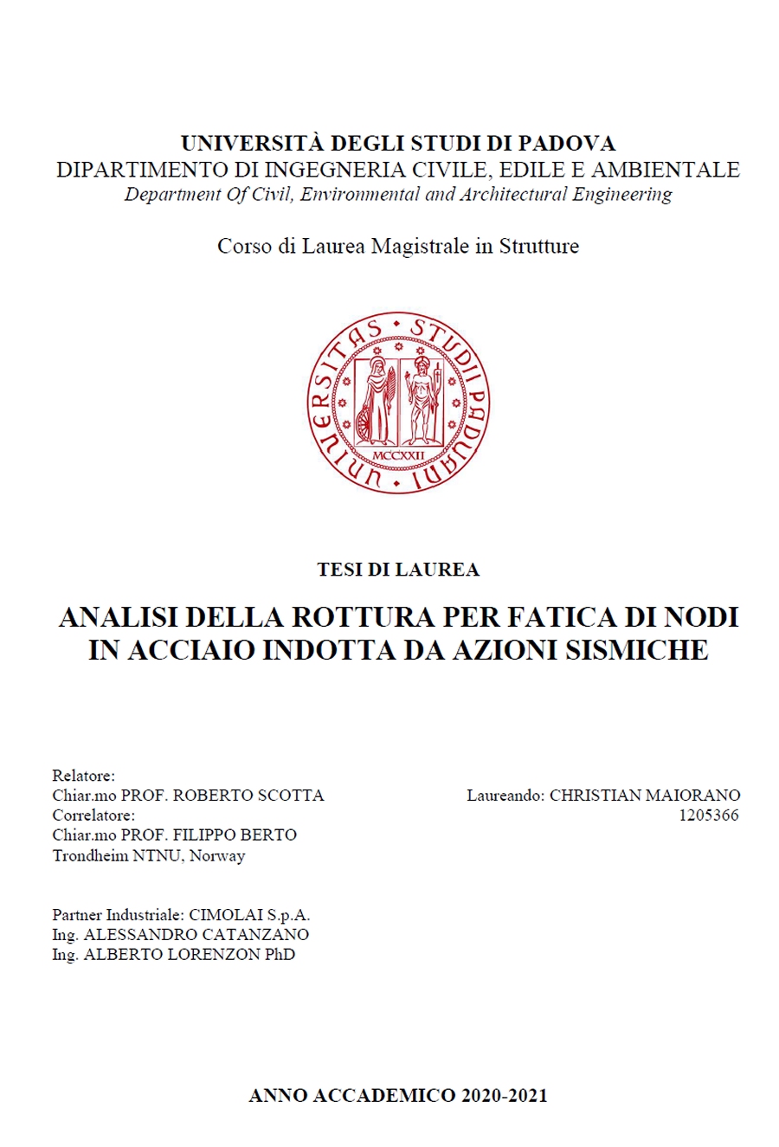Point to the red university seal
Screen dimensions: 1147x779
(x=398, y=403)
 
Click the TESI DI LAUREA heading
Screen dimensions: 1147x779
(x=398, y=570)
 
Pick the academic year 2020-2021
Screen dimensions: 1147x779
(x=505, y=1095)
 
